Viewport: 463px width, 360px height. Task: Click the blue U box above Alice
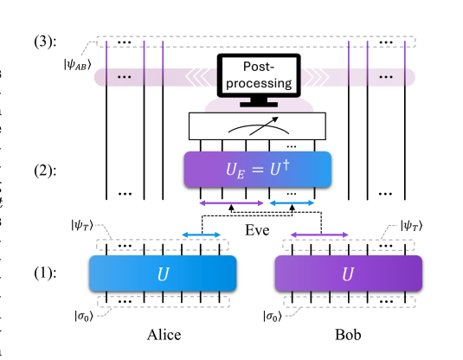[163, 274]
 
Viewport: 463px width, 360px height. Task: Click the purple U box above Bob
[348, 274]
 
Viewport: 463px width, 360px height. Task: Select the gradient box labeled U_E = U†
[256, 170]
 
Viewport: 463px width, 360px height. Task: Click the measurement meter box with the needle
[256, 127]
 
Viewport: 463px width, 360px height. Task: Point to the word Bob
[348, 335]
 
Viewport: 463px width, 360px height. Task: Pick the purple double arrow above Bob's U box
[321, 234]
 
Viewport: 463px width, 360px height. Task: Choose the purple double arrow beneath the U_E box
[230, 203]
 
